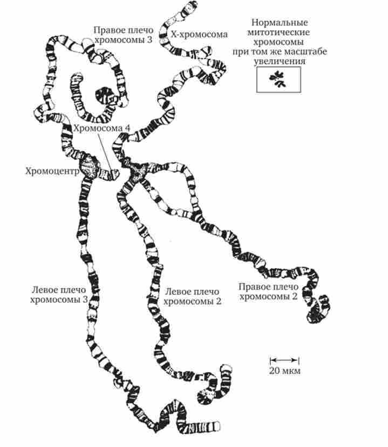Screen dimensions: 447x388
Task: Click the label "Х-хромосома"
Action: (199, 34)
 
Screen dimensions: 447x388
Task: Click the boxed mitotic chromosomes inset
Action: (279, 81)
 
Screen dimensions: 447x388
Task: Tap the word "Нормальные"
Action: (280, 23)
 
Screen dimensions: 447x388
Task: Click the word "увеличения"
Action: (280, 62)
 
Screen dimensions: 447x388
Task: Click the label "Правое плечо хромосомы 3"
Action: (124, 35)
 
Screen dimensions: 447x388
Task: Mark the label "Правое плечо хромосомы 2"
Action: (268, 290)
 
